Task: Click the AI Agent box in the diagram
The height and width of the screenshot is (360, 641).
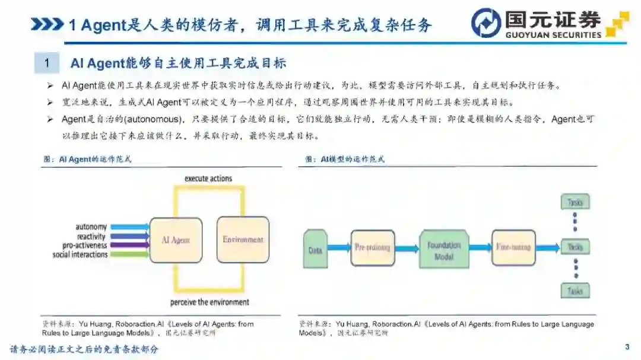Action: coord(176,240)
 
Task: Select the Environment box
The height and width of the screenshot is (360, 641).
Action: coord(243,240)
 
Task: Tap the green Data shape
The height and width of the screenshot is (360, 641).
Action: coord(315,249)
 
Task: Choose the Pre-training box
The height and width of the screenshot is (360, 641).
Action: coord(373,247)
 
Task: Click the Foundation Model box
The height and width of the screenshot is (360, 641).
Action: coord(444,250)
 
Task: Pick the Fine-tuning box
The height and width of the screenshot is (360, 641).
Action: coord(513,247)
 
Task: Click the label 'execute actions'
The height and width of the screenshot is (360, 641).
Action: coord(208,179)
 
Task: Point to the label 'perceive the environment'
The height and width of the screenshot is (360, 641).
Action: coord(210,302)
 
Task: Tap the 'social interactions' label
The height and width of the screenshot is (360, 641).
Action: coord(80,254)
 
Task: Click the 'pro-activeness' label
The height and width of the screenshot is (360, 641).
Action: coord(85,246)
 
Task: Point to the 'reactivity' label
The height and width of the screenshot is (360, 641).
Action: coord(91,237)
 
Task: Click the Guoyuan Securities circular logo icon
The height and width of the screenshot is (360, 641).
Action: coord(486,23)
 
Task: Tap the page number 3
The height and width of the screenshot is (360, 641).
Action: coord(627,347)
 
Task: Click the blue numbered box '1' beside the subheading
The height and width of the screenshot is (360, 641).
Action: coord(47,63)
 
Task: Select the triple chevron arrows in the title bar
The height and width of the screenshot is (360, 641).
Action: coord(47,24)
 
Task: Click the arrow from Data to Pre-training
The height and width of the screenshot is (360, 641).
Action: coord(339,248)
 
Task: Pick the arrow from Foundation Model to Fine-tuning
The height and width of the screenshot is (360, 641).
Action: coord(478,248)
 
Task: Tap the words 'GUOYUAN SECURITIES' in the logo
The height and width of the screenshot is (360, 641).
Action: coord(553,34)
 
